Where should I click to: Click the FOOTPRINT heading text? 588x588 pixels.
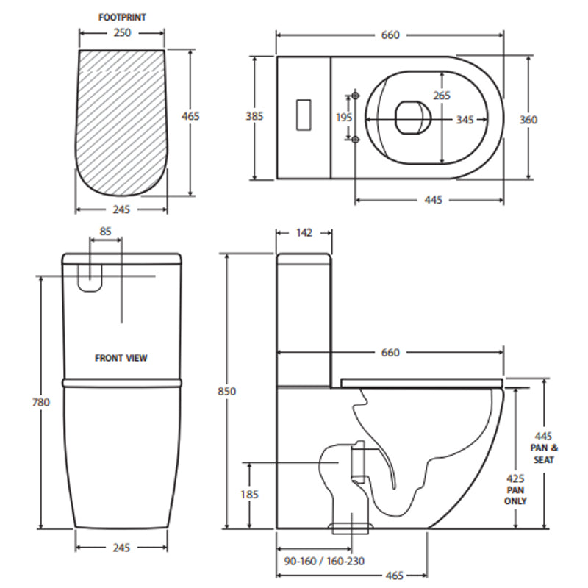point(121,15)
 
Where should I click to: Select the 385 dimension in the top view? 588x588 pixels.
point(254,116)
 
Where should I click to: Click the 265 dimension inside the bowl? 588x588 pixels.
point(442,96)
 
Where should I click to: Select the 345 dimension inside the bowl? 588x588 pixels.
point(465,120)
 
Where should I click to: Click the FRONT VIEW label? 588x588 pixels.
point(121,358)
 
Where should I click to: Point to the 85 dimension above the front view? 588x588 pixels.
point(106,232)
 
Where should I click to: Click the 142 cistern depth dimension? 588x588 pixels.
point(304,233)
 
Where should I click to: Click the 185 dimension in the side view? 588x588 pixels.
point(250,495)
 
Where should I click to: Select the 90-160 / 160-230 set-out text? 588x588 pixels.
point(323,561)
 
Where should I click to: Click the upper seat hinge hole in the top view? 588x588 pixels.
point(356,96)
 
